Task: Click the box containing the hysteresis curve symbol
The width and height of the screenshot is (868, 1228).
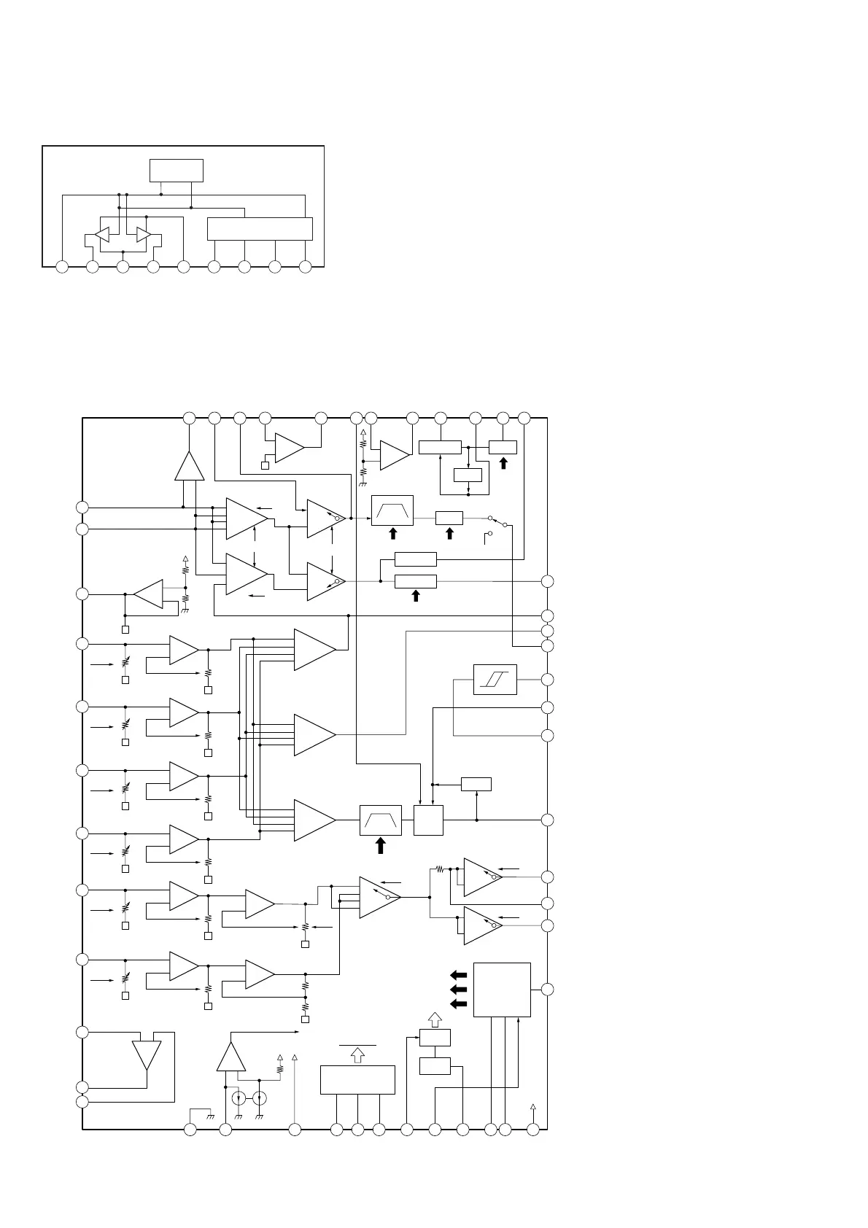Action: pos(495,679)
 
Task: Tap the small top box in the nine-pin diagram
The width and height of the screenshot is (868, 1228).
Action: pos(176,170)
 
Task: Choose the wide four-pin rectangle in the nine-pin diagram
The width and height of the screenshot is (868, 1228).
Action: pos(260,228)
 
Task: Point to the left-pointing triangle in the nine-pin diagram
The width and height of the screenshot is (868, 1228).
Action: pos(101,235)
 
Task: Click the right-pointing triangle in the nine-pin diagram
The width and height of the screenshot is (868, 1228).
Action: pos(144,235)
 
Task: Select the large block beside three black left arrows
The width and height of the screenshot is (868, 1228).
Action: pos(502,990)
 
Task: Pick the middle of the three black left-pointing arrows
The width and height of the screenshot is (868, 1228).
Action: pos(458,990)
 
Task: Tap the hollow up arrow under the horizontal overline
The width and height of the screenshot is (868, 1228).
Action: pos(357,1054)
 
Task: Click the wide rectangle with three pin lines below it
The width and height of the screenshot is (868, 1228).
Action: pos(357,1079)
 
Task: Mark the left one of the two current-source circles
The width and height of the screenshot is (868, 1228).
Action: pos(239,1098)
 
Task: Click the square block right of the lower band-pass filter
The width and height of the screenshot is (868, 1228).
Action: pos(428,820)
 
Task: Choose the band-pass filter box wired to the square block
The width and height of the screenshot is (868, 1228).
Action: pos(381,820)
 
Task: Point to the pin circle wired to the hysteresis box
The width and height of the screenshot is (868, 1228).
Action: pos(547,680)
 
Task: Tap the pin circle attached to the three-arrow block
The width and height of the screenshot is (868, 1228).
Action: pos(547,990)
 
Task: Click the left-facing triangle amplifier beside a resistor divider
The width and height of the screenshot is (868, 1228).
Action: pos(149,594)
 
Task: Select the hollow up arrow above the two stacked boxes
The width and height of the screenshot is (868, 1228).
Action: pos(435,1019)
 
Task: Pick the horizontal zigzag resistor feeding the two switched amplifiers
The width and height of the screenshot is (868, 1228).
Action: pos(440,868)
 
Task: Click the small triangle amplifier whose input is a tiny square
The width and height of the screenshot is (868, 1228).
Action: pos(289,448)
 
